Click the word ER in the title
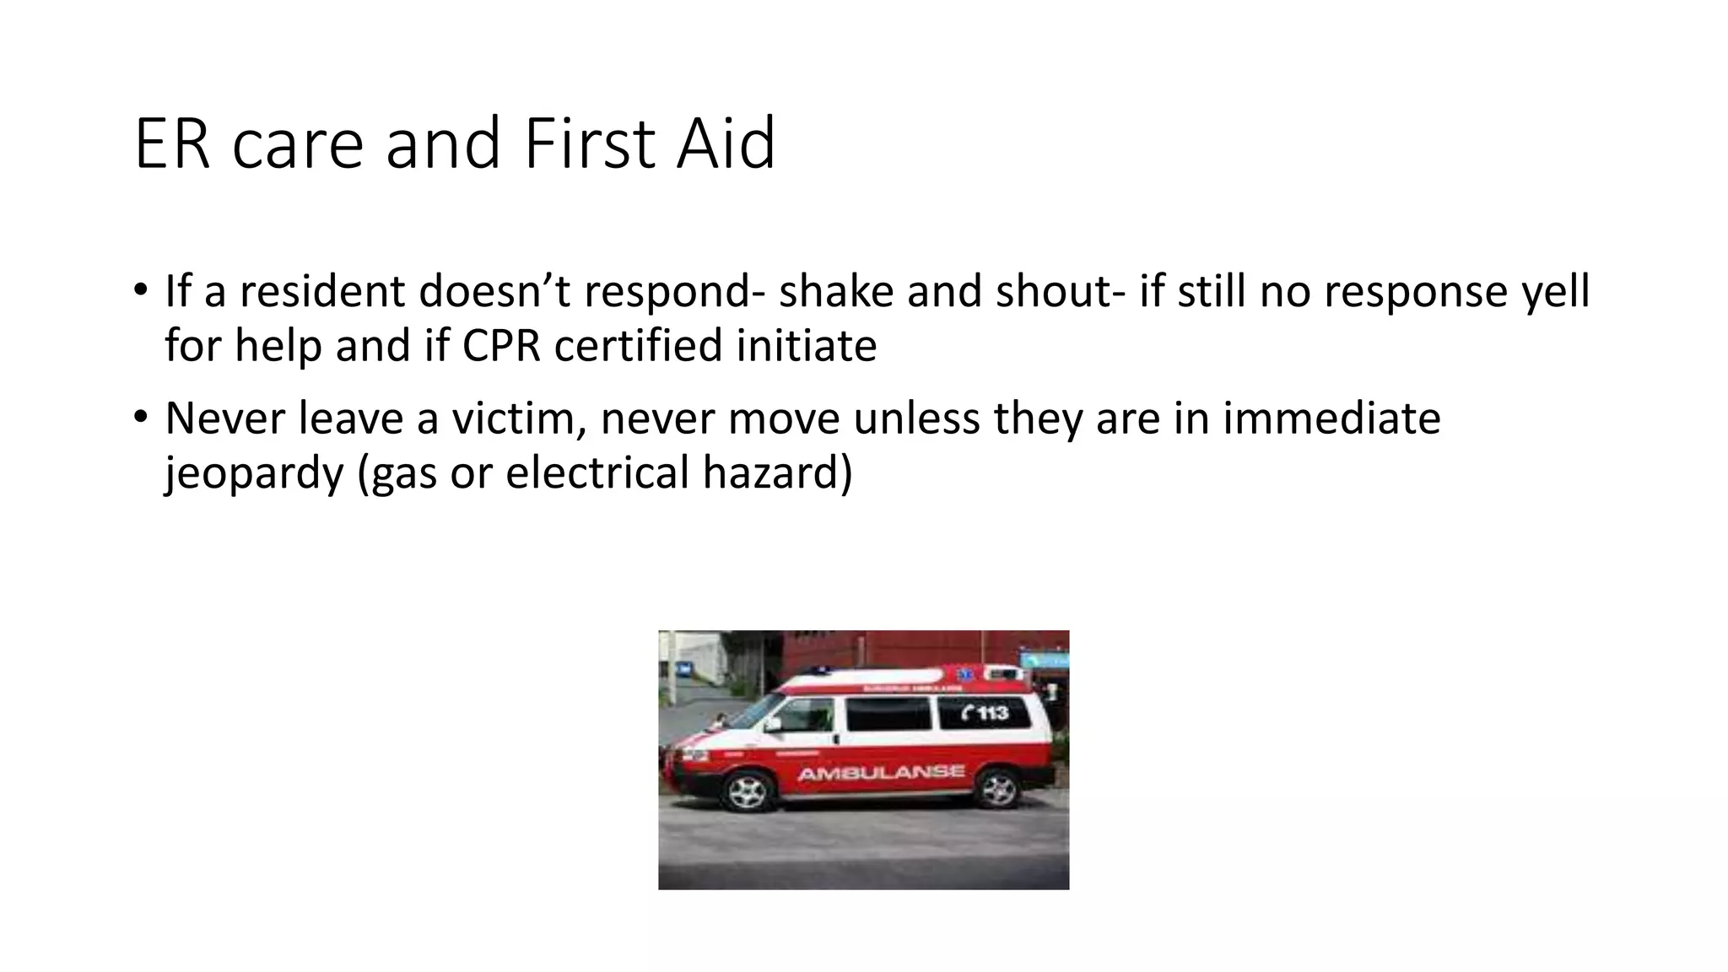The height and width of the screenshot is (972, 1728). click(171, 144)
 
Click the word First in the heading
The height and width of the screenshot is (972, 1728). click(589, 144)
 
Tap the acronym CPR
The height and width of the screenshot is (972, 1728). click(501, 346)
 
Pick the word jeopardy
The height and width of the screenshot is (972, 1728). click(254, 472)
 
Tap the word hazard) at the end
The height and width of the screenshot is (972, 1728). click(777, 472)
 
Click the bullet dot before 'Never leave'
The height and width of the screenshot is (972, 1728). click(140, 417)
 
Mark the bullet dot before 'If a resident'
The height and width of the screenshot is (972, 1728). click(140, 290)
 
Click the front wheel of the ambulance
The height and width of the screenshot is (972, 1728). click(747, 791)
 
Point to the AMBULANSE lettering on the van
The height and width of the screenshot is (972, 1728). click(881, 772)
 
